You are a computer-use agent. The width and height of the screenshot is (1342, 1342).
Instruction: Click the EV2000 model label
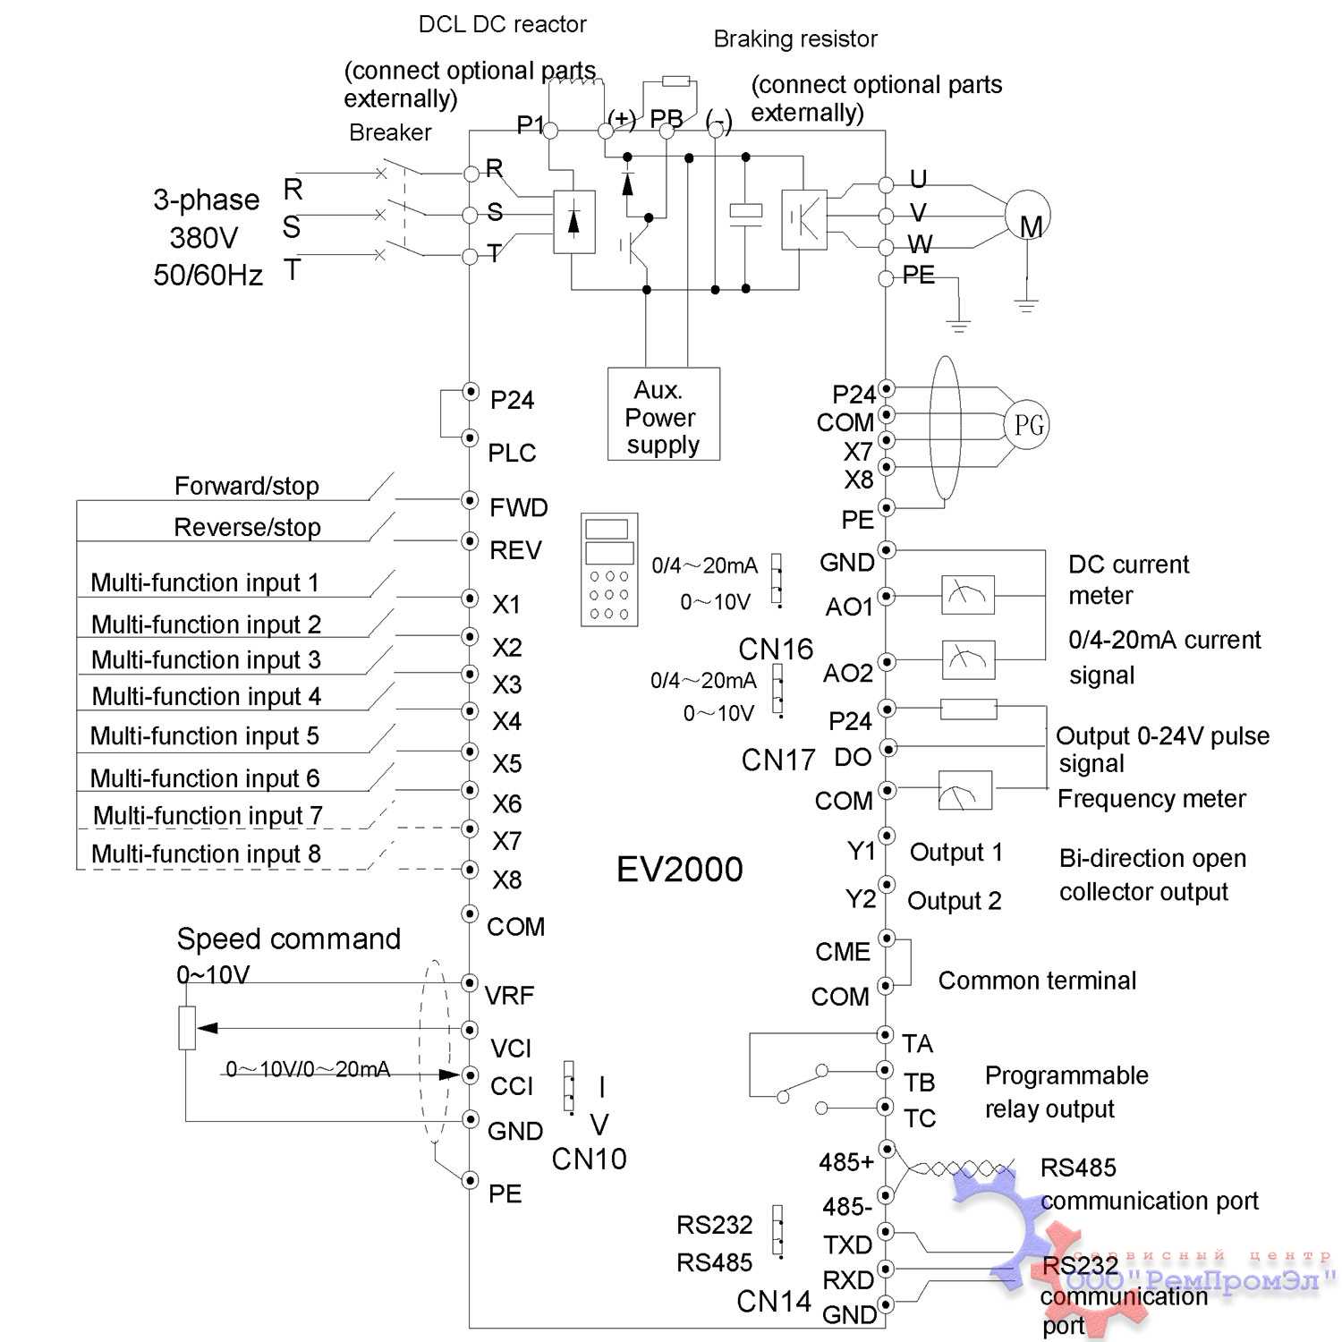[679, 870]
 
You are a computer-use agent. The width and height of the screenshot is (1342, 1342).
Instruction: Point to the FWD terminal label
[518, 508]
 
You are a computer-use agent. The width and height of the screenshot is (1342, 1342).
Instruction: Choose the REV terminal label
[515, 550]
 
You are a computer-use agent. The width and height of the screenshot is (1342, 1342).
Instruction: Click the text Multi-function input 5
[204, 736]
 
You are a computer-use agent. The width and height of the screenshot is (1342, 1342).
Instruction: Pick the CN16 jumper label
[775, 649]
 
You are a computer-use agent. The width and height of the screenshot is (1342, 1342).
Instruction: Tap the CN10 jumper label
[589, 1159]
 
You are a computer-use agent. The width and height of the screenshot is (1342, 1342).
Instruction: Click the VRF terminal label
[509, 995]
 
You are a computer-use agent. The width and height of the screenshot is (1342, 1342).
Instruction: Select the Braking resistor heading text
[794, 39]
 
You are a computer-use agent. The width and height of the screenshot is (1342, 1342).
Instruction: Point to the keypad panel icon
[609, 569]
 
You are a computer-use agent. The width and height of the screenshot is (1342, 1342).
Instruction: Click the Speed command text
[288, 939]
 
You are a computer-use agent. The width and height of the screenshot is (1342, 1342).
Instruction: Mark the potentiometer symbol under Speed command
[186, 1028]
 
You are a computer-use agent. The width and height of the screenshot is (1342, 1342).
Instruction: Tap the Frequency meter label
[1151, 799]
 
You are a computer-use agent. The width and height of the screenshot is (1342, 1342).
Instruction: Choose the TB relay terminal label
[919, 1083]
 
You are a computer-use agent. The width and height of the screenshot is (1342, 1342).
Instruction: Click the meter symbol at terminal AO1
[967, 594]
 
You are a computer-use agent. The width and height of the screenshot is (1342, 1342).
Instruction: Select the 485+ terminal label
[845, 1162]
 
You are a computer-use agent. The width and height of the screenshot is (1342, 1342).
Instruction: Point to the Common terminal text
[1037, 981]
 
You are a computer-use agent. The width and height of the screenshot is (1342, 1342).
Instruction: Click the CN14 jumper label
[774, 1302]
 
